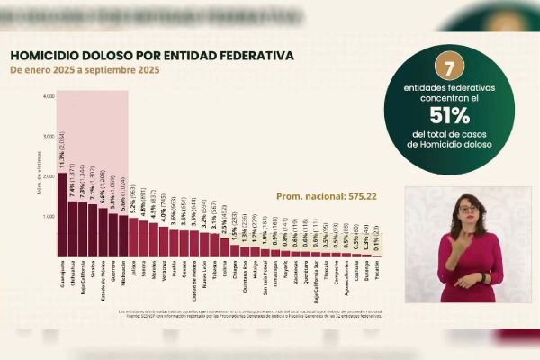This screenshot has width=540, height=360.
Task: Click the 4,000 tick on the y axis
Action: pos(49,95)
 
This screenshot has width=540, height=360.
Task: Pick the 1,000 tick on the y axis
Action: pos(49,217)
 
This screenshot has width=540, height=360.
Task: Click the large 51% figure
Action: pos(449,115)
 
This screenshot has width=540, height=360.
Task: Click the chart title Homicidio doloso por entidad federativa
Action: pos(151,55)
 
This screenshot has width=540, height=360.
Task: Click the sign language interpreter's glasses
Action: pos(469,209)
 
